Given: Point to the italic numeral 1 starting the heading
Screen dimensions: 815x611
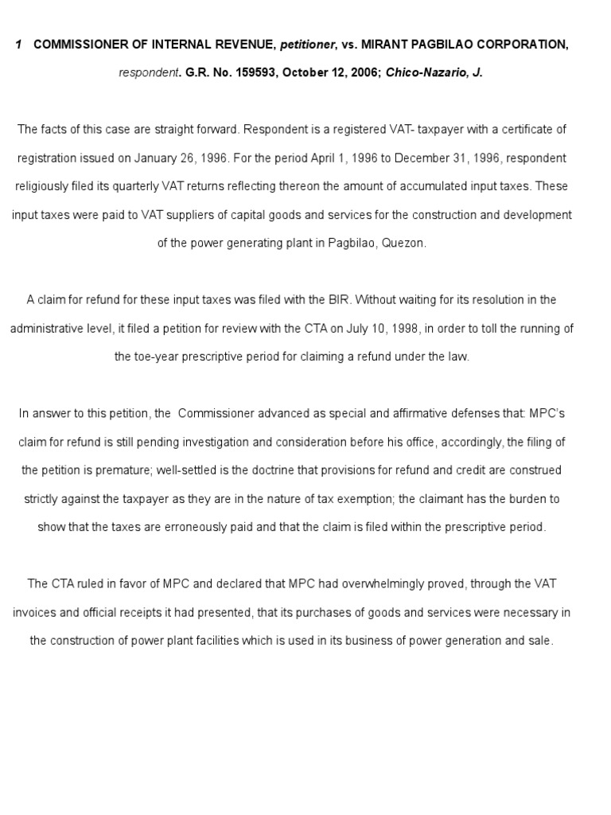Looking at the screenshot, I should [18, 45].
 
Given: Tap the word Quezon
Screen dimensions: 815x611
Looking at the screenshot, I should [406, 244].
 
